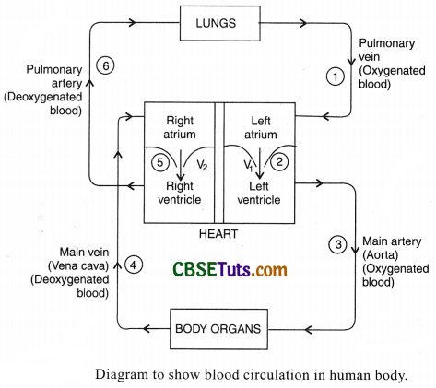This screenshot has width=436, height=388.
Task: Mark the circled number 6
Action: point(103,65)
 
